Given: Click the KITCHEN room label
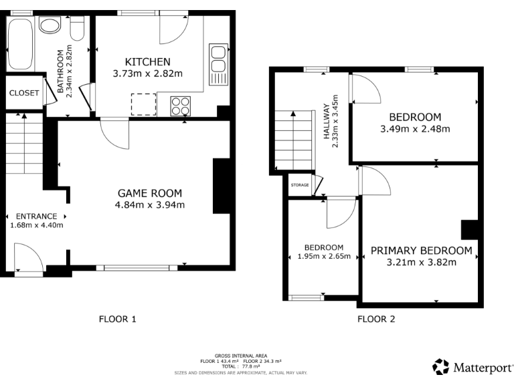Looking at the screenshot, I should [x=147, y=61].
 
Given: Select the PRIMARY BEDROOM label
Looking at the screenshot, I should [x=421, y=251].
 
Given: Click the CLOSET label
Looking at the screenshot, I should [x=24, y=93].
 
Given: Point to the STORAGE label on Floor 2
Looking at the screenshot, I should [x=300, y=185].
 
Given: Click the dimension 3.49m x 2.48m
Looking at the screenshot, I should [x=415, y=129].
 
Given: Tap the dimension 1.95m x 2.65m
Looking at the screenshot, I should [x=324, y=256].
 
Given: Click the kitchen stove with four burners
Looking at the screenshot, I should [x=181, y=105].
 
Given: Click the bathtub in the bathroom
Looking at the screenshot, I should [x=20, y=43].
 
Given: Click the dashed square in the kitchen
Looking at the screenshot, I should [x=144, y=105].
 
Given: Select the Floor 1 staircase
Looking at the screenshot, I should [x=24, y=144].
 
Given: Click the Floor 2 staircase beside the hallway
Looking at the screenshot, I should [x=294, y=140].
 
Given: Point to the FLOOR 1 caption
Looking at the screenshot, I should [x=117, y=319].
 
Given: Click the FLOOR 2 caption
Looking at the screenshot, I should [x=376, y=319].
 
